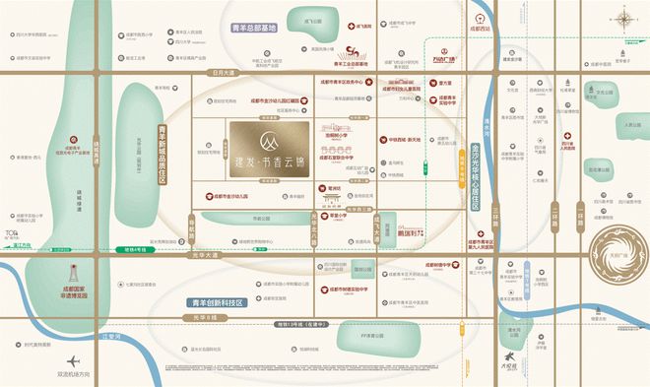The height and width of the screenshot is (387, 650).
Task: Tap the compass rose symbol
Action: point(622,18)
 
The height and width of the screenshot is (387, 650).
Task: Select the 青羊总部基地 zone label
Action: point(252,30)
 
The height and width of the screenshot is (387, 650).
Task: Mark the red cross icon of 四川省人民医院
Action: point(566,138)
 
